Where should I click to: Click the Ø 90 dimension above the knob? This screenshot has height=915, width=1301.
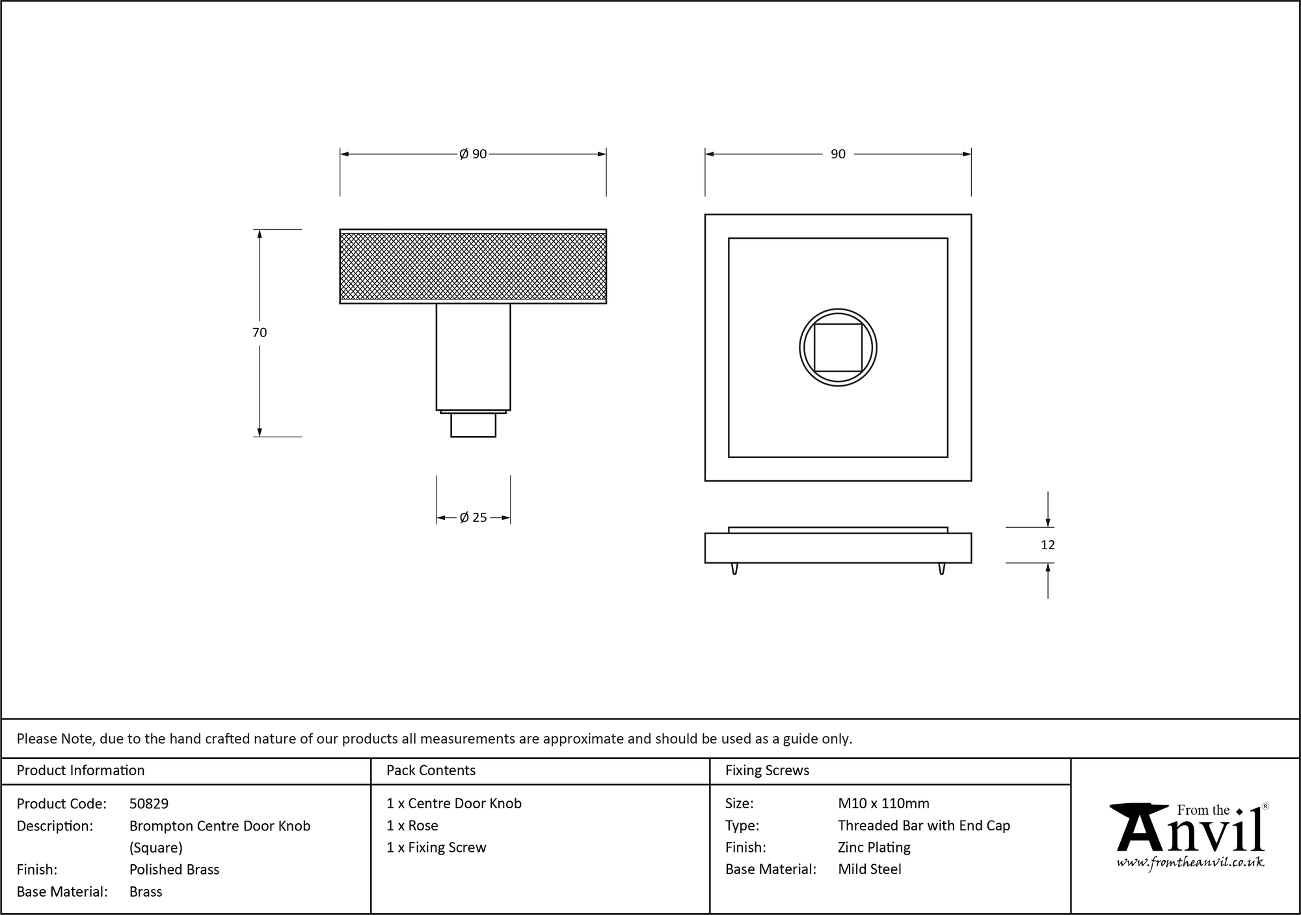[x=473, y=154]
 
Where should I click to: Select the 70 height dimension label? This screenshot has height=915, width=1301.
[x=259, y=333]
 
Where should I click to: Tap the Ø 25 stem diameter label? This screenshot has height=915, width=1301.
[x=473, y=518]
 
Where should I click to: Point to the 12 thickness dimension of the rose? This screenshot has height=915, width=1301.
[x=1047, y=545]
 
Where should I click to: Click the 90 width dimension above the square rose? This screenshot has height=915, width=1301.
[x=838, y=154]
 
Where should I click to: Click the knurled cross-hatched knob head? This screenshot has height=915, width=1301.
[x=473, y=267]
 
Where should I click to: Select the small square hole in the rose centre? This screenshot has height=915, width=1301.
[x=838, y=348]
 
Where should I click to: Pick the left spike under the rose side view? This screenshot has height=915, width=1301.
[x=734, y=569]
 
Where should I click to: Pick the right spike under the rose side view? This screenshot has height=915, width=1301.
[x=941, y=569]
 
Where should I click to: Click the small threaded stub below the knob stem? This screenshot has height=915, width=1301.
[x=473, y=425]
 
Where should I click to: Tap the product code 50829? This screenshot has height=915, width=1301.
[x=149, y=804]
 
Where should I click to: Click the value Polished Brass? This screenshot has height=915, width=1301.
[x=174, y=869]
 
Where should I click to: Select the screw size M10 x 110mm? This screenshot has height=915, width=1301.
[x=883, y=804]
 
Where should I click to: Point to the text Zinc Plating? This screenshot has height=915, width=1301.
[x=874, y=847]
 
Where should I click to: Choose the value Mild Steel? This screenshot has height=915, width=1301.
[x=869, y=869]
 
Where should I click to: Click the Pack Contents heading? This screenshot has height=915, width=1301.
[x=431, y=771]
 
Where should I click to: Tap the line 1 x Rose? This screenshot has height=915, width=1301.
[x=412, y=826]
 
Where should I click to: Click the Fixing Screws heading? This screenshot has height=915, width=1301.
[x=767, y=771]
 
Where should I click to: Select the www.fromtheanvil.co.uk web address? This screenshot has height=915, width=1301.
[x=1190, y=863]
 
